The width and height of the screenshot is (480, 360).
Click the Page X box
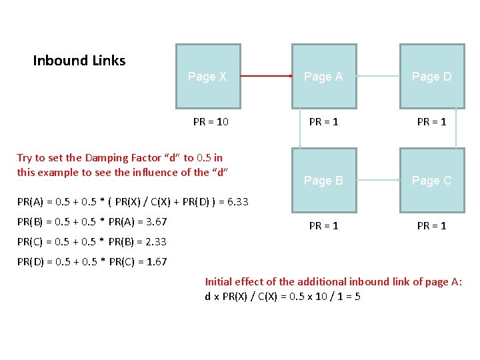point(208,77)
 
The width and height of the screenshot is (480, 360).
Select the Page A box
point(323,77)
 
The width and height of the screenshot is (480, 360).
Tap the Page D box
point(431,77)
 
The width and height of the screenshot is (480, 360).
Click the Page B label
point(323,181)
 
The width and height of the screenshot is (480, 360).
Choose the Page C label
point(431,181)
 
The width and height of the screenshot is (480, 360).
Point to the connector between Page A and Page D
point(378,77)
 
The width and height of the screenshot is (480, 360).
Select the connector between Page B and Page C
point(378,180)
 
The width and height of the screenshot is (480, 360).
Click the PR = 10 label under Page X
point(211,122)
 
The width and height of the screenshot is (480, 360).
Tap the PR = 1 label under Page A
point(323,122)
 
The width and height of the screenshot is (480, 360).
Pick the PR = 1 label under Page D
point(431,122)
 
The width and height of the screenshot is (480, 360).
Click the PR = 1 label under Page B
point(323,226)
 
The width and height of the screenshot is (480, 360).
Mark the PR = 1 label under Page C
point(431,226)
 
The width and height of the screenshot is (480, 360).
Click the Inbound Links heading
point(79,61)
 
